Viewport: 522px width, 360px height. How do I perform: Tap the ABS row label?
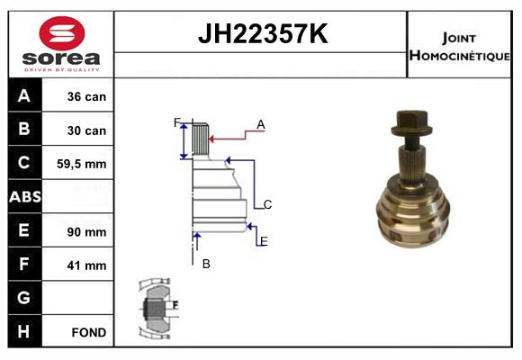25,197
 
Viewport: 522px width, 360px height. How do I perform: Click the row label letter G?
25,298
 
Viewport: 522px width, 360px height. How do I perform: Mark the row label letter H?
25,331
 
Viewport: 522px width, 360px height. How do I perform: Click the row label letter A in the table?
25,96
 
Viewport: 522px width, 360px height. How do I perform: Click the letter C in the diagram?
267,205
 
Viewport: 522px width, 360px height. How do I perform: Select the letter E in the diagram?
264,241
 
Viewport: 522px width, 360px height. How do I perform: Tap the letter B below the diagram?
206,264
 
